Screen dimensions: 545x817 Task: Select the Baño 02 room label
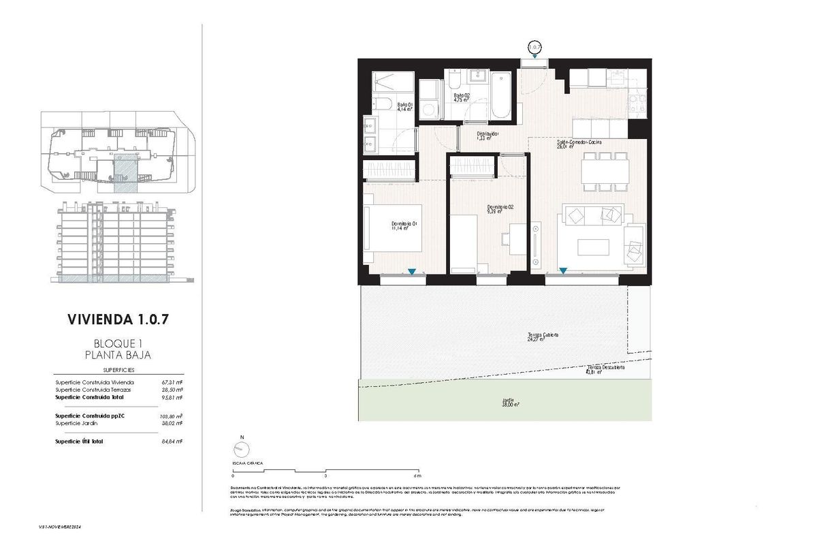tap(463, 97)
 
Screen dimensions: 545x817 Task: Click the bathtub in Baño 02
tap(501, 94)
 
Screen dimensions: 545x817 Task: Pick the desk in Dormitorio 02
tap(515, 238)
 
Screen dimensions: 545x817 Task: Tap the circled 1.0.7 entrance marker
tap(535, 47)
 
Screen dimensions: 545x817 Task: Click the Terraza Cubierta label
tap(543, 337)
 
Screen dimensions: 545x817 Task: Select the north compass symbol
tap(240, 449)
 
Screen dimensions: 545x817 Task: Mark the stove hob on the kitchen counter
tap(636, 104)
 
